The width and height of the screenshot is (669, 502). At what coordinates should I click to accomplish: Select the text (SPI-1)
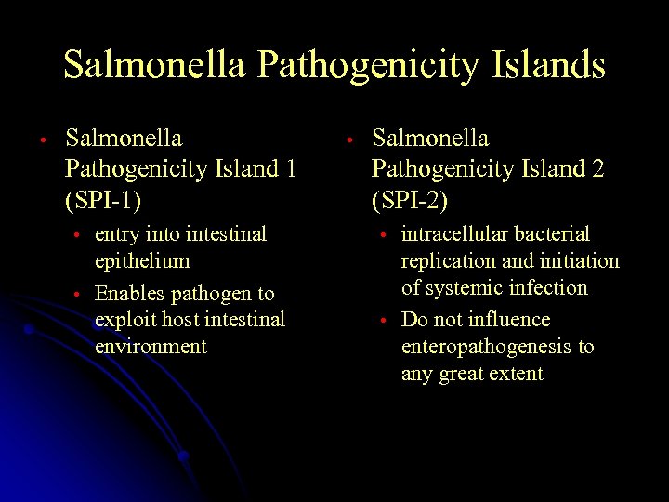[110, 198]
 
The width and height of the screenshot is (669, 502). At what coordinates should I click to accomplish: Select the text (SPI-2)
[415, 198]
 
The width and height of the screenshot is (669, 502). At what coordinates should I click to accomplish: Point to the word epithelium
[142, 260]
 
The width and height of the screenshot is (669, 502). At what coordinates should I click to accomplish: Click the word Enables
[130, 294]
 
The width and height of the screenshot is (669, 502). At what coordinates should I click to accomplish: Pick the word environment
[151, 347]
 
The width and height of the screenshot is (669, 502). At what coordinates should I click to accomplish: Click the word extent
[519, 374]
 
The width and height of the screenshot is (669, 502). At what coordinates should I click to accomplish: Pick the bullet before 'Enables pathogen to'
[80, 295]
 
